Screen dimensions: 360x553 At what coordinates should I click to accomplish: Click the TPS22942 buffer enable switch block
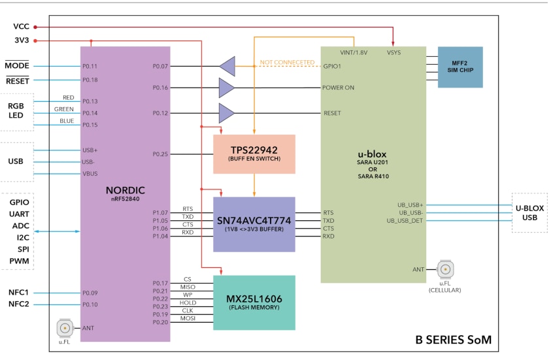click(254, 154)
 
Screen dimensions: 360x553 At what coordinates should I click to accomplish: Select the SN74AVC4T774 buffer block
click(254, 224)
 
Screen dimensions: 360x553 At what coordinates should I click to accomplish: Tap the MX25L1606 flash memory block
click(254, 302)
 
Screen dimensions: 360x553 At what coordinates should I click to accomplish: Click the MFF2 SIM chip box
click(460, 67)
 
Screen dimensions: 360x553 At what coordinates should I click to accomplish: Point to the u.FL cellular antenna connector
click(446, 269)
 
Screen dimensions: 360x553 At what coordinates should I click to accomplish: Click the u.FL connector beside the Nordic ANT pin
click(65, 328)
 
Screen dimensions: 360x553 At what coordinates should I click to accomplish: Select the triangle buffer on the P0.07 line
click(227, 66)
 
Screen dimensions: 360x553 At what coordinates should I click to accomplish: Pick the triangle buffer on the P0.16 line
click(227, 88)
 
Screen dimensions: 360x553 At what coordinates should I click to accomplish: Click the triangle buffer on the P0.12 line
click(227, 113)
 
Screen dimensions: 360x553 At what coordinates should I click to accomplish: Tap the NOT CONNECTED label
click(287, 62)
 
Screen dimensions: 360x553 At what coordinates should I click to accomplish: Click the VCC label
click(21, 27)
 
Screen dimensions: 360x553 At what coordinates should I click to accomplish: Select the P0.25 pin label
click(160, 154)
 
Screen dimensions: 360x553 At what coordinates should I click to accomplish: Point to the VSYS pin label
click(394, 52)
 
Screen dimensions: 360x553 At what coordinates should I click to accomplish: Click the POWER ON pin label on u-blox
click(338, 88)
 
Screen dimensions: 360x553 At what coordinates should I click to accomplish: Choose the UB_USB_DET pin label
click(405, 220)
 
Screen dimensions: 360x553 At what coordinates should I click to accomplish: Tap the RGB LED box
click(16, 110)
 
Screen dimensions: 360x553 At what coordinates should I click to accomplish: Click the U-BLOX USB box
click(529, 212)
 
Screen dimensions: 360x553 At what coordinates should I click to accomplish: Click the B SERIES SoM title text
click(453, 340)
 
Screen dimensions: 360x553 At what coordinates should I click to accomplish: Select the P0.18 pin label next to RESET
click(90, 80)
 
